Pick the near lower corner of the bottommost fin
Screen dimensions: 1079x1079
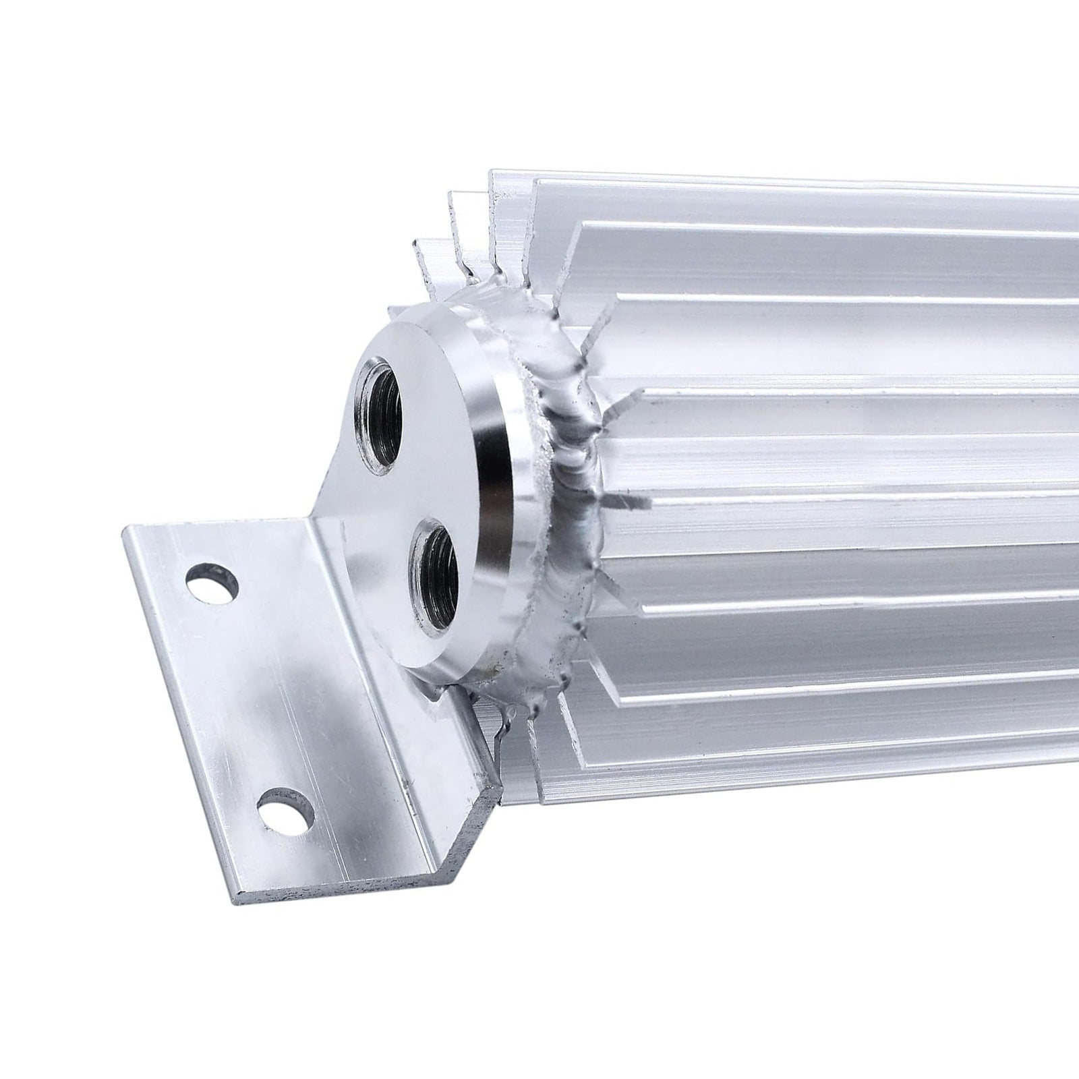[x=533, y=799]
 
